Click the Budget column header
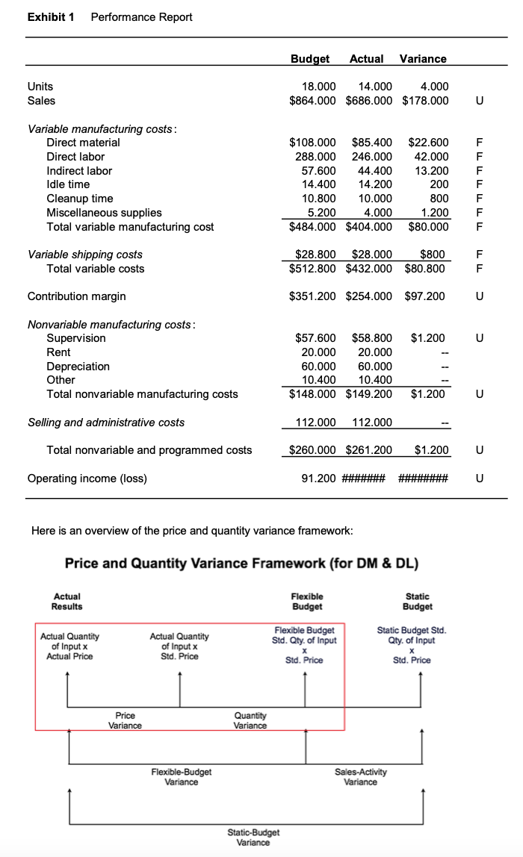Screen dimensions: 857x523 pos(310,58)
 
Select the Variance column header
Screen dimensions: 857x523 pos(423,58)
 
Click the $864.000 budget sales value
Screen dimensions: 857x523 pos(312,100)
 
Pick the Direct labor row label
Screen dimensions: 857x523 pos(75,156)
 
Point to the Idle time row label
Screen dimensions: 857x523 pos(68,184)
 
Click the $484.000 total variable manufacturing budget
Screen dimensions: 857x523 pos(312,226)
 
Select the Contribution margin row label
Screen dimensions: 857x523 pos(76,296)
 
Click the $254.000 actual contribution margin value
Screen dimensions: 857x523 pos(368,296)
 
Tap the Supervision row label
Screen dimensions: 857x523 pos(76,338)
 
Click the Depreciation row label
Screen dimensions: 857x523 pos(78,366)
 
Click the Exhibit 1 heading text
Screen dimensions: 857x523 pos(51,16)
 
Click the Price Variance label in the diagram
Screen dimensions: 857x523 pos(125,720)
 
